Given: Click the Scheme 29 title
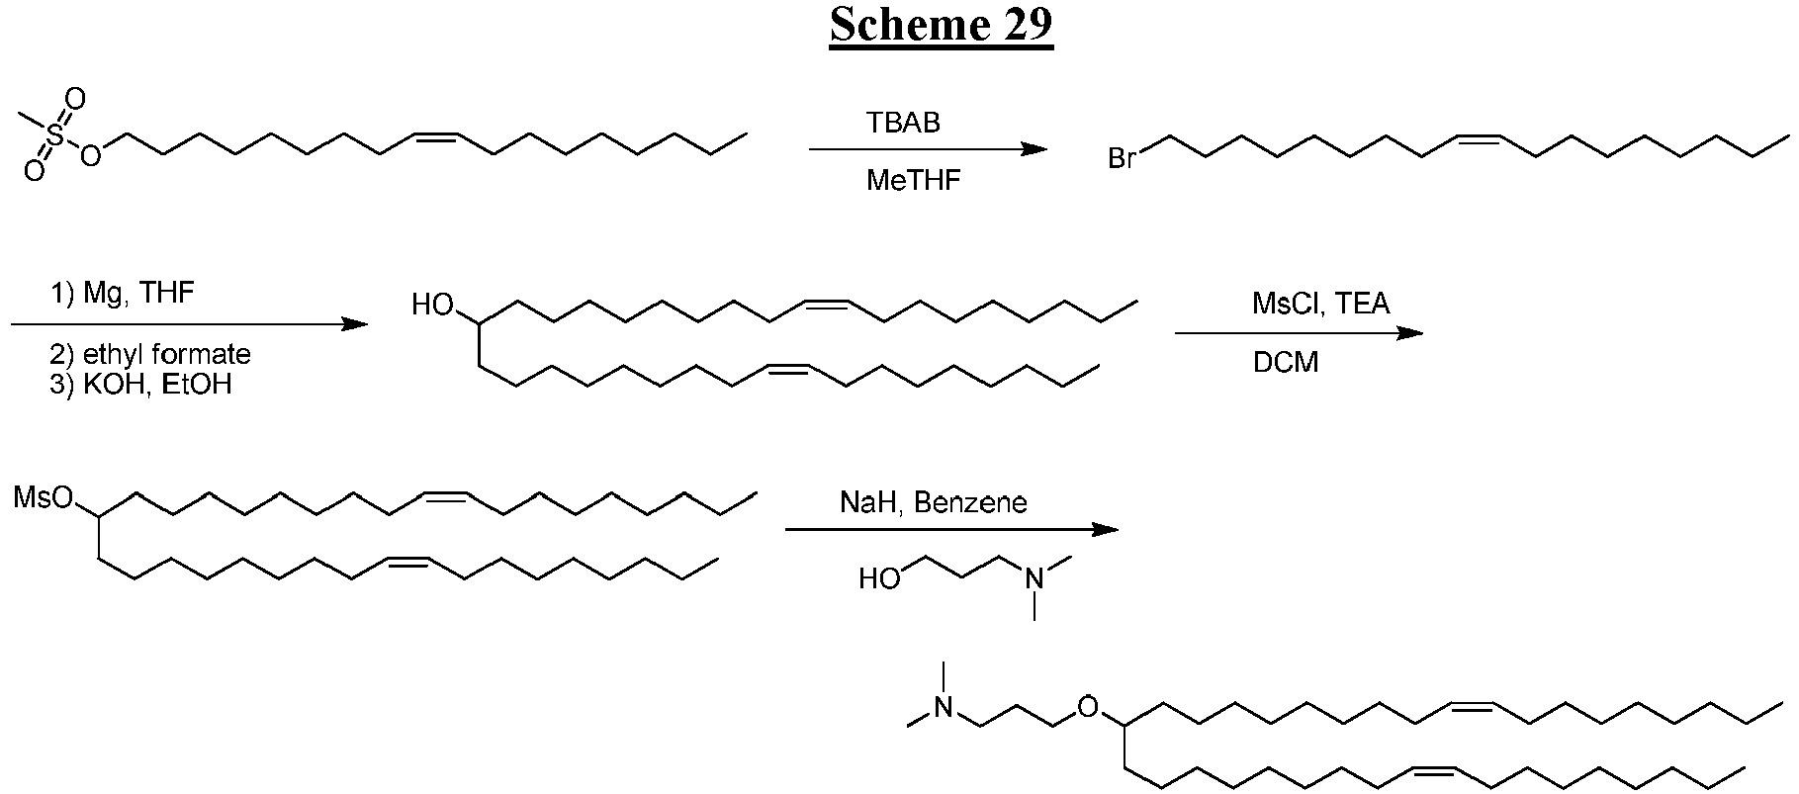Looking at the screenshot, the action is [x=941, y=25].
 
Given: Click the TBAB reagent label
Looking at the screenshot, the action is [x=903, y=123].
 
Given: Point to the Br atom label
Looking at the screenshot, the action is [x=1123, y=158].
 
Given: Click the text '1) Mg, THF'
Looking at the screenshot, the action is [x=122, y=294].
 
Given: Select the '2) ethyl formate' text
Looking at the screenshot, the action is [x=150, y=354].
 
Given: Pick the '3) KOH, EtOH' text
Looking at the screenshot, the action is [x=140, y=384].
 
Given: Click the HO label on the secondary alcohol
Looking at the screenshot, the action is [x=432, y=306].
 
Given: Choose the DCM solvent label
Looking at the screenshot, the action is [x=1286, y=363].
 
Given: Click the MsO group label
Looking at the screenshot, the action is [x=44, y=497].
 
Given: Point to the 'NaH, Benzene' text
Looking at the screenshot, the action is [x=934, y=502].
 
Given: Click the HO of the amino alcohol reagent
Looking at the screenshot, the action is [x=878, y=578].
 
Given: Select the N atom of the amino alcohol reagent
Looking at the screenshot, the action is [x=1034, y=578].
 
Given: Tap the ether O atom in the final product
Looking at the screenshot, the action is [x=1087, y=707].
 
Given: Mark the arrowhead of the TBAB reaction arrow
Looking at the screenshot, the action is [x=1034, y=149].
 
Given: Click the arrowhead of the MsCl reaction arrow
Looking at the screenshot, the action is [x=1410, y=333].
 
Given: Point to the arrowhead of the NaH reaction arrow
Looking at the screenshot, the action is [x=1105, y=529].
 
